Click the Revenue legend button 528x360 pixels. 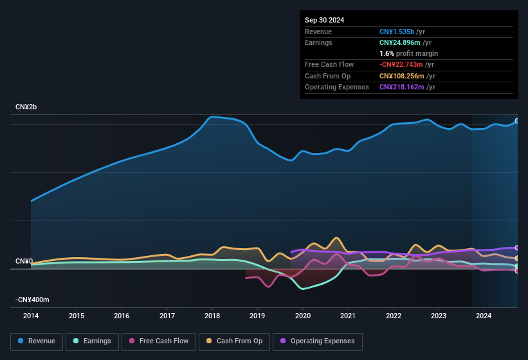(x=37, y=341)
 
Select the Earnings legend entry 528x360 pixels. (x=92, y=341)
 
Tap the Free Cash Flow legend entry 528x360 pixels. (x=159, y=341)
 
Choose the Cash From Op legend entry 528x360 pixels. (x=234, y=341)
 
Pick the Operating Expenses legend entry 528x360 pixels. (x=317, y=341)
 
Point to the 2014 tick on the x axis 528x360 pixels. (x=31, y=316)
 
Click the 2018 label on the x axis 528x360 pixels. (x=212, y=316)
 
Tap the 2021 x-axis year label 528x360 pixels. (x=348, y=316)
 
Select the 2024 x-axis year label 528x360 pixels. (x=484, y=316)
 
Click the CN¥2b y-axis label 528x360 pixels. (x=26, y=107)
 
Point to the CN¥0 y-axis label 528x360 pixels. (x=24, y=261)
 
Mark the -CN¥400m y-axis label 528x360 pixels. (x=33, y=300)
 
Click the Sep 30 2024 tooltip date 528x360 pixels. (x=324, y=20)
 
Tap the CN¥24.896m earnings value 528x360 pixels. (x=400, y=42)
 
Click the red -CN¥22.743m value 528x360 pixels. (x=401, y=64)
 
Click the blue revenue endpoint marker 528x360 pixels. (x=517, y=121)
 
